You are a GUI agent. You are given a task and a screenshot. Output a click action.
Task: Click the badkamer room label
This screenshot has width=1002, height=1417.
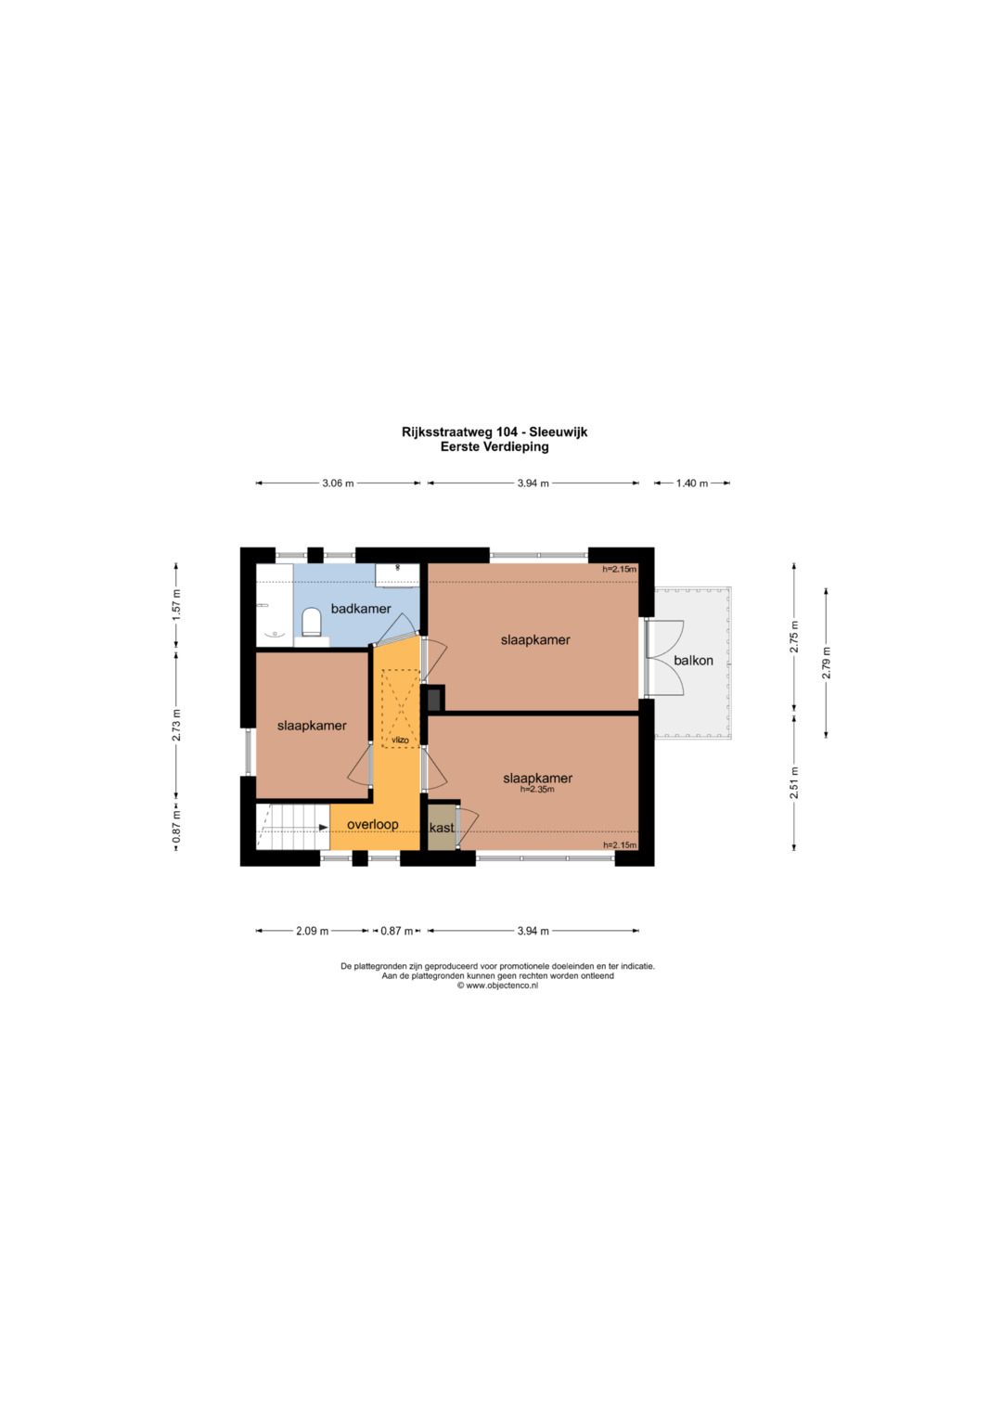[361, 609]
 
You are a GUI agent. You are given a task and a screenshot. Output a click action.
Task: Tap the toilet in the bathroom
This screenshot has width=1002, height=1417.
[311, 622]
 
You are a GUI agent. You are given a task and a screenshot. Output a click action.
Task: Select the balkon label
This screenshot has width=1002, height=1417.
[693, 661]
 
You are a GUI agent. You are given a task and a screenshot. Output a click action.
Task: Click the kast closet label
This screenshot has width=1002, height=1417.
[442, 828]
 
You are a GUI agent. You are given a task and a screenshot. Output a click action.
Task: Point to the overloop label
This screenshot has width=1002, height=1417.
[373, 824]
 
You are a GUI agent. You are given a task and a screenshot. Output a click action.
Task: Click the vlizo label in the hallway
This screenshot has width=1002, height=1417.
[400, 740]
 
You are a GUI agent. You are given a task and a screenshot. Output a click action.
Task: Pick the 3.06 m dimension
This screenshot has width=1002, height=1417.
[338, 483]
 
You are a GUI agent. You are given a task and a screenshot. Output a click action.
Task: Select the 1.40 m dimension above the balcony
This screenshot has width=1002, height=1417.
[691, 483]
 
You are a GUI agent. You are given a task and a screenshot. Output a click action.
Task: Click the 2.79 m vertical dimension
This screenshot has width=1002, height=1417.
[826, 663]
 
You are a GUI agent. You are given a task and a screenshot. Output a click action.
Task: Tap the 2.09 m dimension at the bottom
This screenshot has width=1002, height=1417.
[312, 931]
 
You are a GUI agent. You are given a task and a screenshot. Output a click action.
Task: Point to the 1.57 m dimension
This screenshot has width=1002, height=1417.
[176, 604]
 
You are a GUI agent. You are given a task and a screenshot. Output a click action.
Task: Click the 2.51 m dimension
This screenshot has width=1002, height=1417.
[794, 782]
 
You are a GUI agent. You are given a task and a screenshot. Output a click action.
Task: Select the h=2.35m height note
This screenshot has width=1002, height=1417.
[537, 789]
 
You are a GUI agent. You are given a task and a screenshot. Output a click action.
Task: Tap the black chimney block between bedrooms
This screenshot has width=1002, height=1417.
[435, 699]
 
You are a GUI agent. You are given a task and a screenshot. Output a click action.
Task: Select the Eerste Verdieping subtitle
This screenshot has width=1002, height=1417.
[495, 446]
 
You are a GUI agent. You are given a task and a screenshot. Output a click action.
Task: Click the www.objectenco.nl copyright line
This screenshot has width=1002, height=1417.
[498, 985]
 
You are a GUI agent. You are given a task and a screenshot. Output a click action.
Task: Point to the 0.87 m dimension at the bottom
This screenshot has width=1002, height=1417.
[397, 931]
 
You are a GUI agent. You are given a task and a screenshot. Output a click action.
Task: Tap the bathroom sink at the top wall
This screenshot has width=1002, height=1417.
[397, 575]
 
